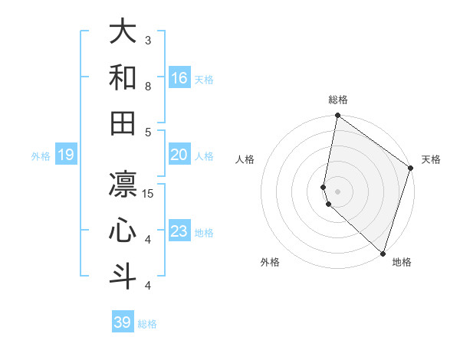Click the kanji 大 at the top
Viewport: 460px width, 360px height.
(123, 32)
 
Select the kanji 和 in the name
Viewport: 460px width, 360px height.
(123, 77)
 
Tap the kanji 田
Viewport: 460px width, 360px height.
(123, 123)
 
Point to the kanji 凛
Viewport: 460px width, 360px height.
(123, 184)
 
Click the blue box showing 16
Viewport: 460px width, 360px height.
(179, 78)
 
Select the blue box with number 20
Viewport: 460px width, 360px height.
(179, 155)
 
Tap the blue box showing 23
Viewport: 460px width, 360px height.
(179, 231)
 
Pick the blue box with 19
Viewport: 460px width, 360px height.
(65, 155)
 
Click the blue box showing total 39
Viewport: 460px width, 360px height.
(122, 322)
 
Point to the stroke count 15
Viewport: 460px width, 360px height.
(148, 194)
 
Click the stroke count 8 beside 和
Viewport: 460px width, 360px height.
(148, 87)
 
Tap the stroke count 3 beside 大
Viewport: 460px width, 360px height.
(148, 41)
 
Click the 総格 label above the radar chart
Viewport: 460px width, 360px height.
(338, 100)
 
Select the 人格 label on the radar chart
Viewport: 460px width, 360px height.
(245, 159)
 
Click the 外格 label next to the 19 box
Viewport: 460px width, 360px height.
(41, 156)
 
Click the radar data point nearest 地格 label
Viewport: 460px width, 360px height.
(383, 254)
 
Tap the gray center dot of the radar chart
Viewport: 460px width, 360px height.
(338, 191)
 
